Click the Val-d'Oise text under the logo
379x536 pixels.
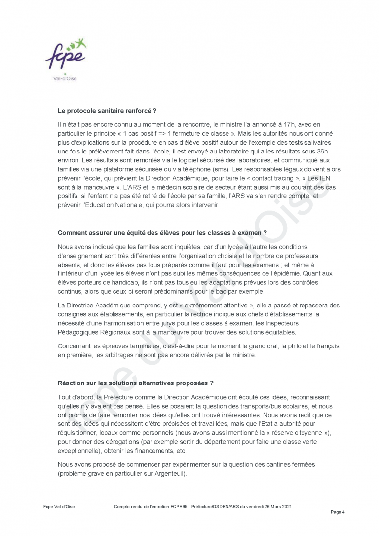[x=64, y=78]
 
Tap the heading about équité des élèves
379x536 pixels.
[x=162, y=232]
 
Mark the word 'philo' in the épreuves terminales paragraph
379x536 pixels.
[x=288, y=346]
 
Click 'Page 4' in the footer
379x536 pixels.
[x=338, y=512]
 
